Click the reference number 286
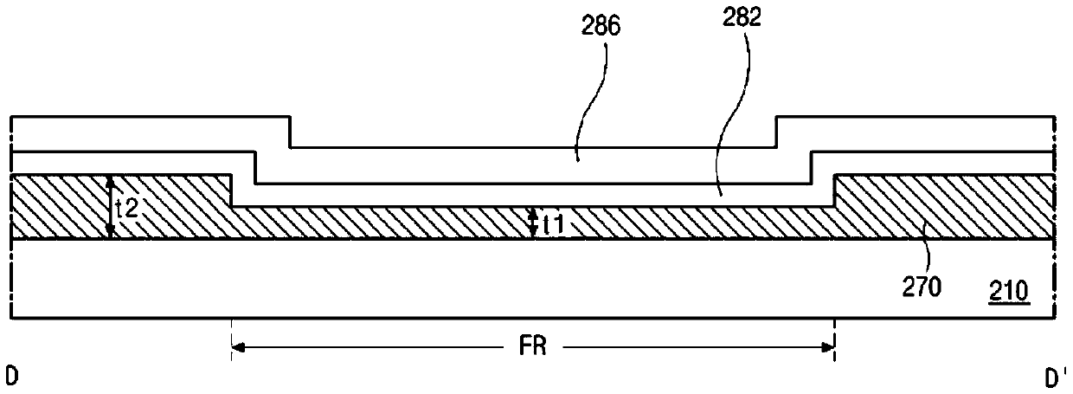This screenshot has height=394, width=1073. click(601, 25)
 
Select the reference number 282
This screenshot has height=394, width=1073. click(742, 16)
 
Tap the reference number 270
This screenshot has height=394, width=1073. click(922, 287)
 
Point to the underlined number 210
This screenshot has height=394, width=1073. click(1009, 291)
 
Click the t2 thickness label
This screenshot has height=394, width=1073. click(127, 208)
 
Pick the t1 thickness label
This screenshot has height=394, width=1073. click(554, 224)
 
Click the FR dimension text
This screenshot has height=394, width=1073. click(533, 346)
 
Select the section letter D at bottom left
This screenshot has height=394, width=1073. click(11, 376)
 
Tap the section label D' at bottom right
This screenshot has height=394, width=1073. click(1056, 378)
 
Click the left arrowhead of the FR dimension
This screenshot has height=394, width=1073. click(238, 347)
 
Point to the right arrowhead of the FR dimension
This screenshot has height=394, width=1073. click(828, 347)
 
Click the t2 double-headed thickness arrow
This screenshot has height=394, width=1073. click(110, 207)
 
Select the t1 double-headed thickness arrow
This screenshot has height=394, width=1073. click(533, 223)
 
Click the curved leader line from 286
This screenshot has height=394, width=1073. click(592, 101)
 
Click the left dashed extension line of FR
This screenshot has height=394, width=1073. click(232, 339)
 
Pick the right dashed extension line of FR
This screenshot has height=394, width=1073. click(835, 339)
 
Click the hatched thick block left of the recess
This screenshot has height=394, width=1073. click(121, 206)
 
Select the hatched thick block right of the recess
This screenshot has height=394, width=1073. click(944, 206)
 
